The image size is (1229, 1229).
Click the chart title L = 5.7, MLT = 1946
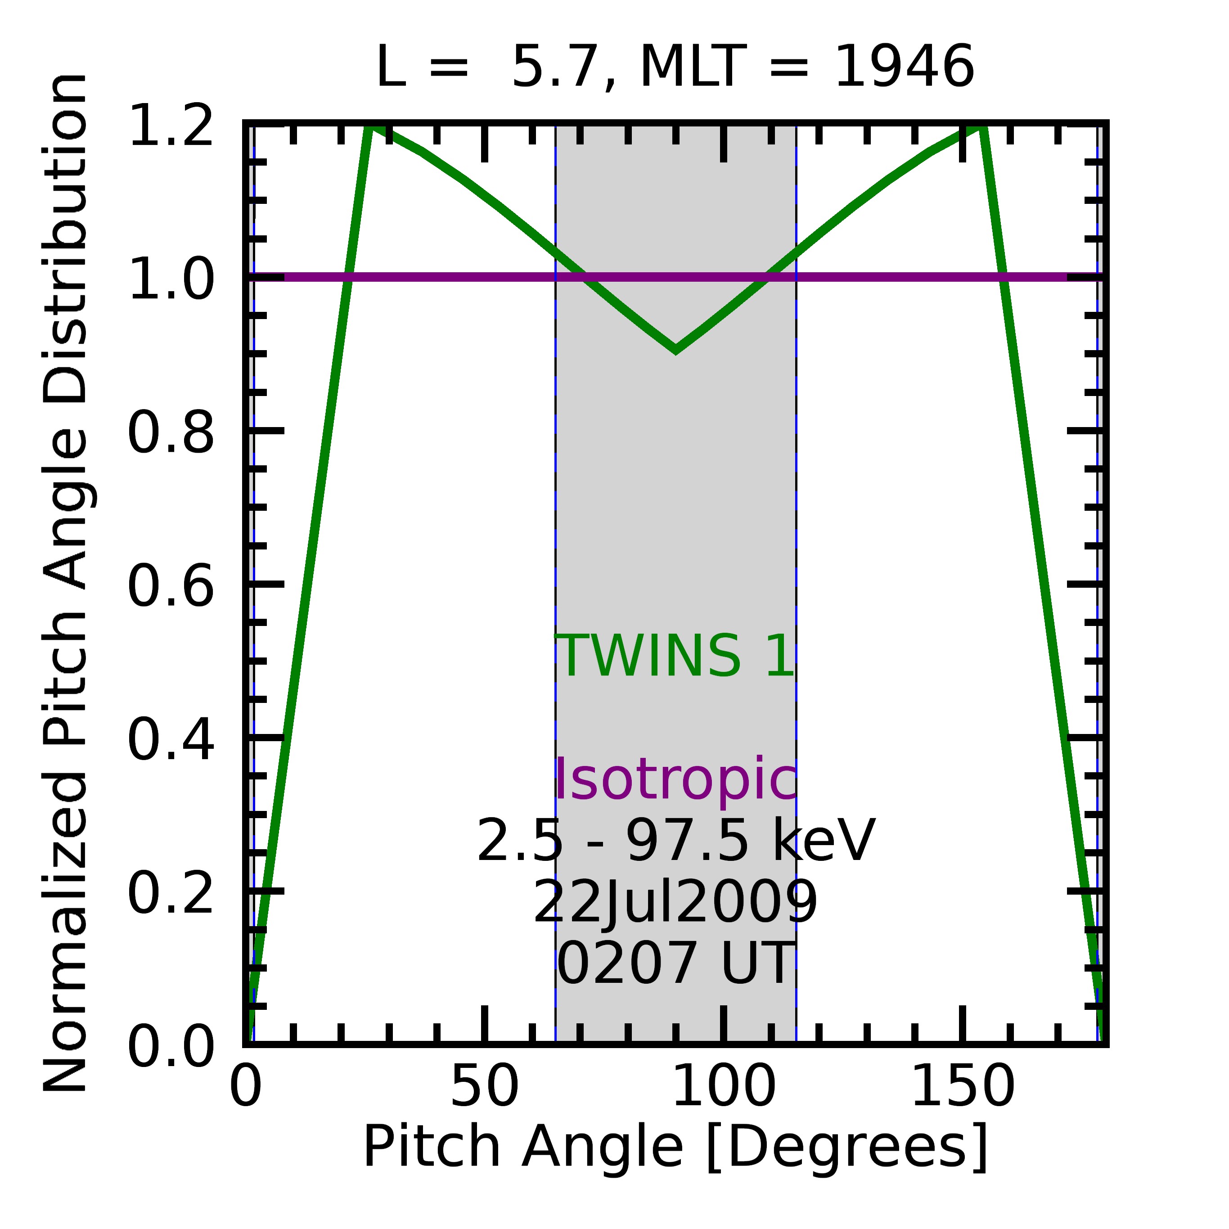tap(675, 68)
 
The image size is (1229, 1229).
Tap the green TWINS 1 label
tap(675, 657)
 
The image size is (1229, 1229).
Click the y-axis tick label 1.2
tap(171, 126)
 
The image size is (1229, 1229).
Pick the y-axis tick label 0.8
tap(171, 433)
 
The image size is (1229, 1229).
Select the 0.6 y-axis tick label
tap(171, 586)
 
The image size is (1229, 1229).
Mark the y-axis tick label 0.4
tap(171, 740)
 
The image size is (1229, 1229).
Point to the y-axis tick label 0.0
tap(171, 1046)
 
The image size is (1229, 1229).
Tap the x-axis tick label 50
tap(485, 1086)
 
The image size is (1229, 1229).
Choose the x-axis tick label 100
tap(723, 1086)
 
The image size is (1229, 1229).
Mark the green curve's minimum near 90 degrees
tap(675, 349)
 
